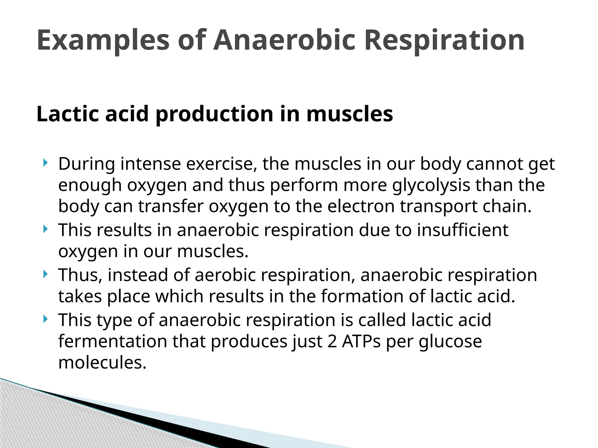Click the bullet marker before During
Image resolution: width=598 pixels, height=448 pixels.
tap(45, 163)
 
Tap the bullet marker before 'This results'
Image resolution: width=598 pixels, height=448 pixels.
tap(45, 229)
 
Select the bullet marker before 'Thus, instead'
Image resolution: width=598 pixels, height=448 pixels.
tap(45, 274)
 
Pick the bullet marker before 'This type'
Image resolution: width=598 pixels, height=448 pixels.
tap(45, 319)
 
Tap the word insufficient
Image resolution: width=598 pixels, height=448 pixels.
tap(463, 230)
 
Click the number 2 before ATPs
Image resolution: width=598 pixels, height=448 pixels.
tap(332, 341)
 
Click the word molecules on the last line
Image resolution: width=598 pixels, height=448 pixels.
tap(102, 363)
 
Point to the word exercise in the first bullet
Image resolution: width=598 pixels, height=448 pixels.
tap(222, 164)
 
